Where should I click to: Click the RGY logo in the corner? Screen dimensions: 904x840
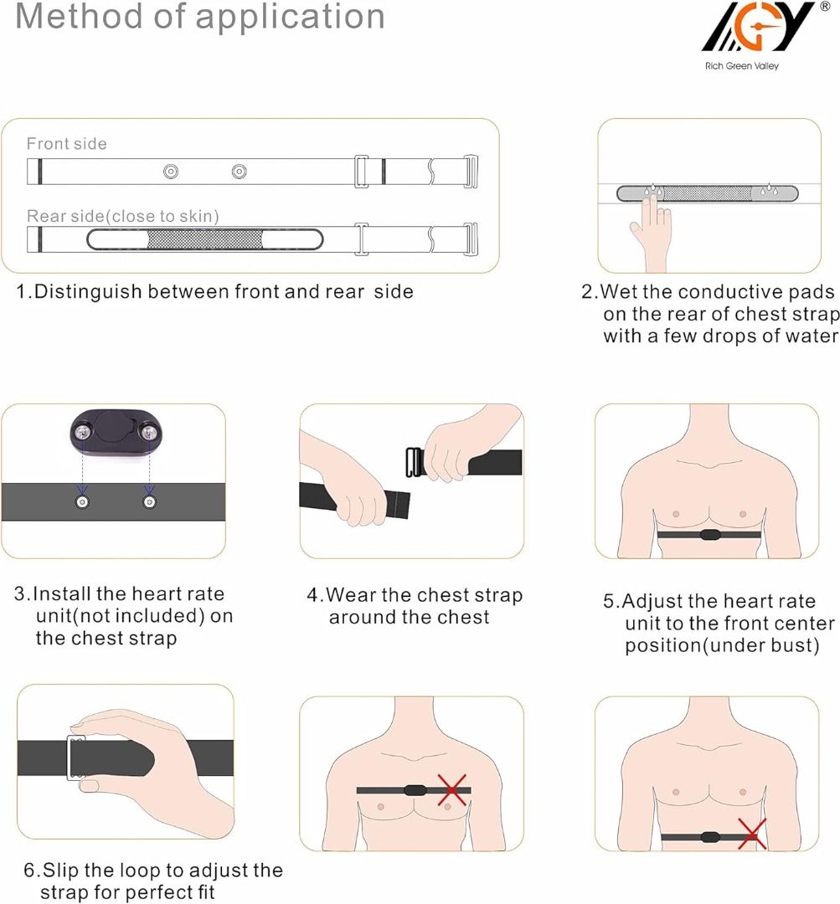pyautogui.click(x=758, y=28)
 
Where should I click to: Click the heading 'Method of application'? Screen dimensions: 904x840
pyautogui.click(x=200, y=17)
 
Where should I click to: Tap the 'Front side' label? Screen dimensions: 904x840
pyautogui.click(x=67, y=144)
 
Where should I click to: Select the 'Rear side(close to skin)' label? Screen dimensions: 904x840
pyautogui.click(x=123, y=217)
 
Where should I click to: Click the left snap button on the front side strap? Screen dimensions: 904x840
pyautogui.click(x=171, y=172)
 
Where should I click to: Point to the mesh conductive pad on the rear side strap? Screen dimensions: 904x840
pyautogui.click(x=205, y=239)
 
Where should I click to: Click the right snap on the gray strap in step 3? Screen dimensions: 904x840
pyautogui.click(x=149, y=501)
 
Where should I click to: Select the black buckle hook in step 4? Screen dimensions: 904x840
pyautogui.click(x=414, y=463)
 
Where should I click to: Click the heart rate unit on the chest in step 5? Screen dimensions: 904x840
pyautogui.click(x=709, y=534)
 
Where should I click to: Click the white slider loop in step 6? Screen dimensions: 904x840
pyautogui.click(x=77, y=758)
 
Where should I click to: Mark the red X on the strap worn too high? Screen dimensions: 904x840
pyautogui.click(x=452, y=789)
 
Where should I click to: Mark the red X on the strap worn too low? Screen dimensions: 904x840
pyautogui.click(x=752, y=835)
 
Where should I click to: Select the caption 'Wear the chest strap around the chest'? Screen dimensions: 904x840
pyautogui.click(x=415, y=606)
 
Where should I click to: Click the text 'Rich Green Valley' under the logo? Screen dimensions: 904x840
pyautogui.click(x=741, y=65)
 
